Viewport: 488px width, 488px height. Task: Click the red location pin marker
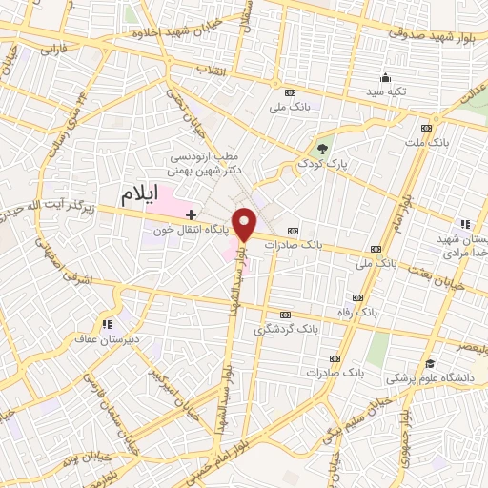click(x=245, y=222)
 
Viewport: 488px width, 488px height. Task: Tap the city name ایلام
click(x=141, y=196)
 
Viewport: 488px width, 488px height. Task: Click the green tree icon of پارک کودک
click(x=322, y=148)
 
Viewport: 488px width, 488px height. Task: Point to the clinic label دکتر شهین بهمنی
click(x=207, y=169)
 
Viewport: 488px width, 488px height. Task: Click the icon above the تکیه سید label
click(x=384, y=78)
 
